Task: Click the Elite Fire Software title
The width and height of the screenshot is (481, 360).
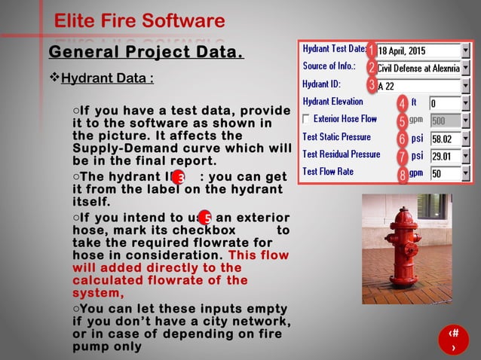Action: point(140,20)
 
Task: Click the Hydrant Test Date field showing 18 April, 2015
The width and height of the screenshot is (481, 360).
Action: point(418,51)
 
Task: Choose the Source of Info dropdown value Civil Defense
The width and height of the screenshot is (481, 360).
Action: point(418,69)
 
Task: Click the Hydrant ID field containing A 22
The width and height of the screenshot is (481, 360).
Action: point(418,85)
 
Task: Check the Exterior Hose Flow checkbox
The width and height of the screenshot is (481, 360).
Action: point(306,119)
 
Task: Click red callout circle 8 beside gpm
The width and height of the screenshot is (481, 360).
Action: point(403,175)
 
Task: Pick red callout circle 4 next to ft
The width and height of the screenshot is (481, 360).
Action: point(403,103)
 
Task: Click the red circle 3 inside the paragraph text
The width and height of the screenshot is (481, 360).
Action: point(179,178)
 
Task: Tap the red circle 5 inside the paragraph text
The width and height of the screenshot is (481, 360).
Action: point(205,218)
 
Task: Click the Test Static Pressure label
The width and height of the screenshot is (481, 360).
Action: point(336,137)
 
